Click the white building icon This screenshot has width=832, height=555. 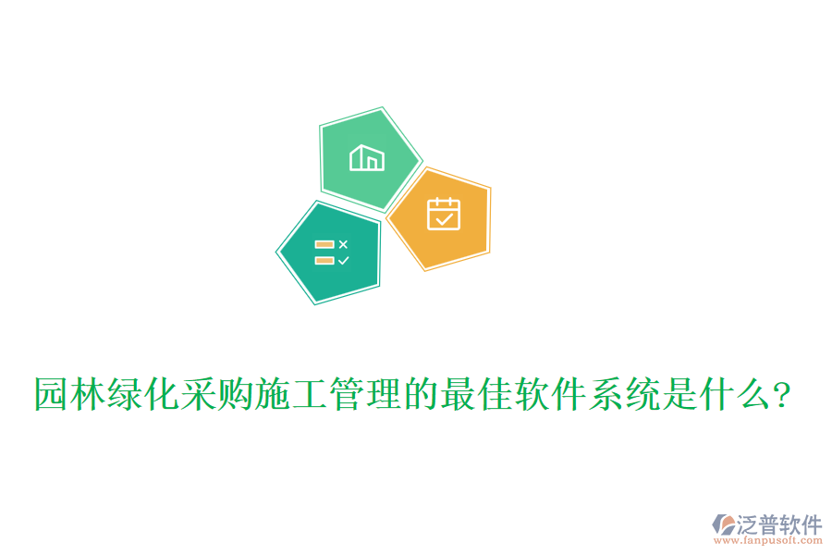(367, 157)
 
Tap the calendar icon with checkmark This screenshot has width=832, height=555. (444, 214)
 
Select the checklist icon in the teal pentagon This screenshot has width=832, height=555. (331, 253)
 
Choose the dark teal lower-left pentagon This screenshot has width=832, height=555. (328, 253)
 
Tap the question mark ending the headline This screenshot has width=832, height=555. (782, 395)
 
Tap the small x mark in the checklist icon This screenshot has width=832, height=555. (343, 244)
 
